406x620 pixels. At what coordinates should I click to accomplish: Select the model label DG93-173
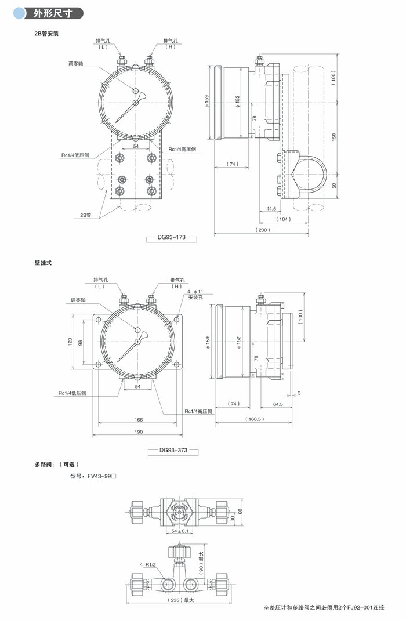click(173, 238)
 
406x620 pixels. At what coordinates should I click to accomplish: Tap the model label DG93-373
click(175, 450)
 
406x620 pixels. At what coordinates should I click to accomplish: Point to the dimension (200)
click(263, 230)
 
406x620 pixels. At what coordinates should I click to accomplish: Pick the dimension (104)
click(284, 219)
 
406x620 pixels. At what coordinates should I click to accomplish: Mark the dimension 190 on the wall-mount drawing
click(137, 432)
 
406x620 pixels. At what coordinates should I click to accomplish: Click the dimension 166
click(138, 419)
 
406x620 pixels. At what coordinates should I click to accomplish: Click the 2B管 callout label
click(85, 215)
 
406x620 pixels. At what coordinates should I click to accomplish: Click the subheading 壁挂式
click(43, 263)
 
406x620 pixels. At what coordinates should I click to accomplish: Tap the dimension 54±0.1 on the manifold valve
click(180, 531)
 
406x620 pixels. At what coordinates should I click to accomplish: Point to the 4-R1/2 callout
click(148, 564)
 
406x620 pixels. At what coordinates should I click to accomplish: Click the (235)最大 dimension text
click(181, 600)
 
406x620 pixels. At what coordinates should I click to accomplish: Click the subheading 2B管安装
click(47, 33)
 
